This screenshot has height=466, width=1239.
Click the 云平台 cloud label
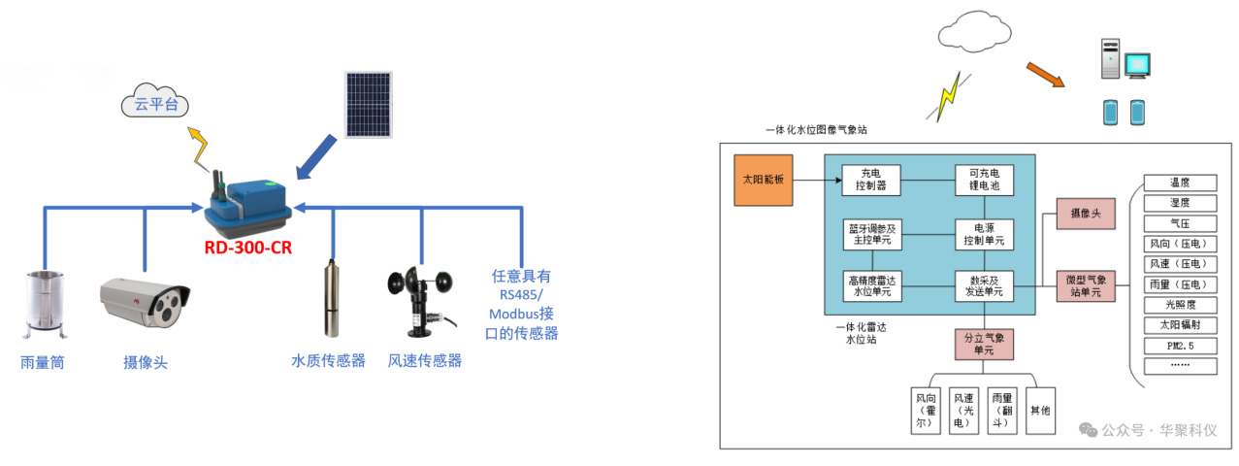[156, 104]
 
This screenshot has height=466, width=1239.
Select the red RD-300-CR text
[247, 248]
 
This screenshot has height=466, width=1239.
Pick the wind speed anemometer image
[418, 299]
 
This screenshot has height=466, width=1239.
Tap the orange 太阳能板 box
[764, 179]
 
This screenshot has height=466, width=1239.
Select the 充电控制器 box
[870, 179]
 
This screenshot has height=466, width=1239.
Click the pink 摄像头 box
[1086, 213]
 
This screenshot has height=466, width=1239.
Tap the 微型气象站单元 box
[1086, 285]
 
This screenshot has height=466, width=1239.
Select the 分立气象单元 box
[983, 344]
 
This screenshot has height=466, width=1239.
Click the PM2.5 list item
[1179, 346]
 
